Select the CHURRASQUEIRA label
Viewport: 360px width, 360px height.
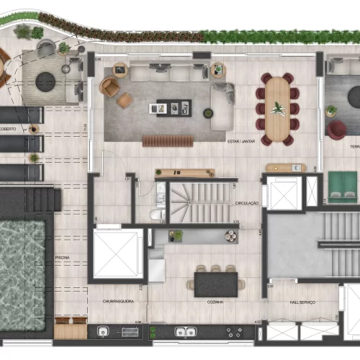point(117,302)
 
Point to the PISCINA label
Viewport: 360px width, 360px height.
point(63,257)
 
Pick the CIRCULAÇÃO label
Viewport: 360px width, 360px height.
point(247,204)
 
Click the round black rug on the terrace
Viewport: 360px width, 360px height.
point(45,82)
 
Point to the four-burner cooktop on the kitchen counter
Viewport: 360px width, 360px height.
point(235,332)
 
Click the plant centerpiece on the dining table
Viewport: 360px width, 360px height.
point(277,109)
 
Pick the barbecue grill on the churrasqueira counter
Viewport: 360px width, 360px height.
point(130,332)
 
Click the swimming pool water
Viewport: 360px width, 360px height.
point(27,259)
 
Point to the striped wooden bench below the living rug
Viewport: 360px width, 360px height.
point(168,140)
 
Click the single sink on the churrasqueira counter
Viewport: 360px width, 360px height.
point(103,332)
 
